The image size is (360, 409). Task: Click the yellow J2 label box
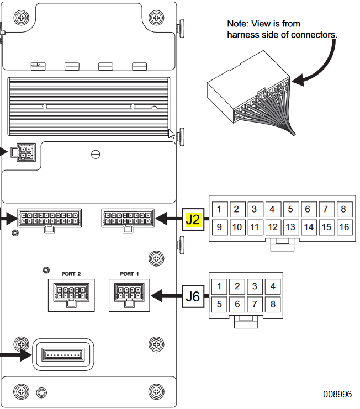pyautogui.click(x=193, y=219)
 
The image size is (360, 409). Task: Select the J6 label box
pyautogui.click(x=193, y=296)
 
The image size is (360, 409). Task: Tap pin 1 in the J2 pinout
pyautogui.click(x=219, y=209)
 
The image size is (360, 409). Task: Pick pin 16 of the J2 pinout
pyautogui.click(x=343, y=227)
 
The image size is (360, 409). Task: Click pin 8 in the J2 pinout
pyautogui.click(x=343, y=209)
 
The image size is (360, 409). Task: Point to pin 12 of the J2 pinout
pyautogui.click(x=272, y=227)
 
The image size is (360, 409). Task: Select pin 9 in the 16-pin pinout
pyautogui.click(x=219, y=227)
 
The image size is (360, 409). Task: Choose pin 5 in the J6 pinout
pyautogui.click(x=219, y=304)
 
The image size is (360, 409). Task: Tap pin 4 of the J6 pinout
pyautogui.click(x=272, y=286)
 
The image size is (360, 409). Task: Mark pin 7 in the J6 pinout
pyautogui.click(x=255, y=304)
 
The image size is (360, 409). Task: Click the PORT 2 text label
pyautogui.click(x=71, y=274)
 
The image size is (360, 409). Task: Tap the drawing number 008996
pyautogui.click(x=337, y=394)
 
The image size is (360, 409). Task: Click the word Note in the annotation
pyautogui.click(x=237, y=24)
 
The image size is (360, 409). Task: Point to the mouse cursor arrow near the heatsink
pyautogui.click(x=172, y=133)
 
